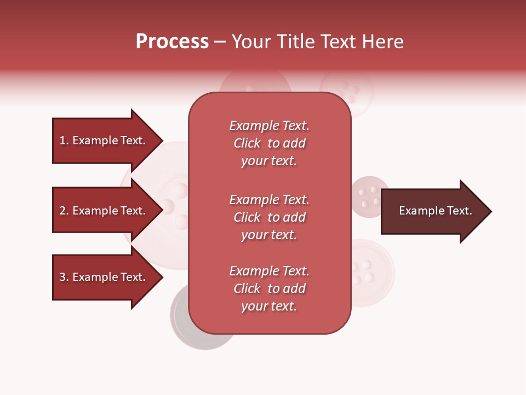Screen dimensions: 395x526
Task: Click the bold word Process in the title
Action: pos(172,42)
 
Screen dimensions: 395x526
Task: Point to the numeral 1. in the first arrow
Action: pos(64,140)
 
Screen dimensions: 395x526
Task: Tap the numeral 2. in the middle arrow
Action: pos(64,211)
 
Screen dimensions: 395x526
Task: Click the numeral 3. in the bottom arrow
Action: pos(64,277)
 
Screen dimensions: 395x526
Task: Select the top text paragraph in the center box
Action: pos(269,143)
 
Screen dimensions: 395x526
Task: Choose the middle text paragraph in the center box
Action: pos(269,217)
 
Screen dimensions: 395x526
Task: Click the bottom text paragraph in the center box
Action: pos(269,289)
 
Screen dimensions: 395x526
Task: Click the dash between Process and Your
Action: pos(220,42)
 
